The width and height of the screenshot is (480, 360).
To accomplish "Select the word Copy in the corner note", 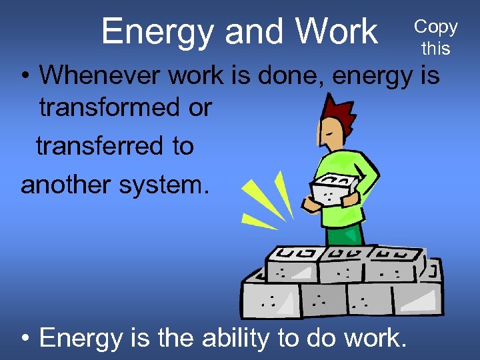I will pos(436,27).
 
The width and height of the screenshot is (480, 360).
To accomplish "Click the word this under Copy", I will pos(436,48).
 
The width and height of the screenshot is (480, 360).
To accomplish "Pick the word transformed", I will pos(125,108).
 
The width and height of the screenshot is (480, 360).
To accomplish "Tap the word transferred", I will pos(115,146).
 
